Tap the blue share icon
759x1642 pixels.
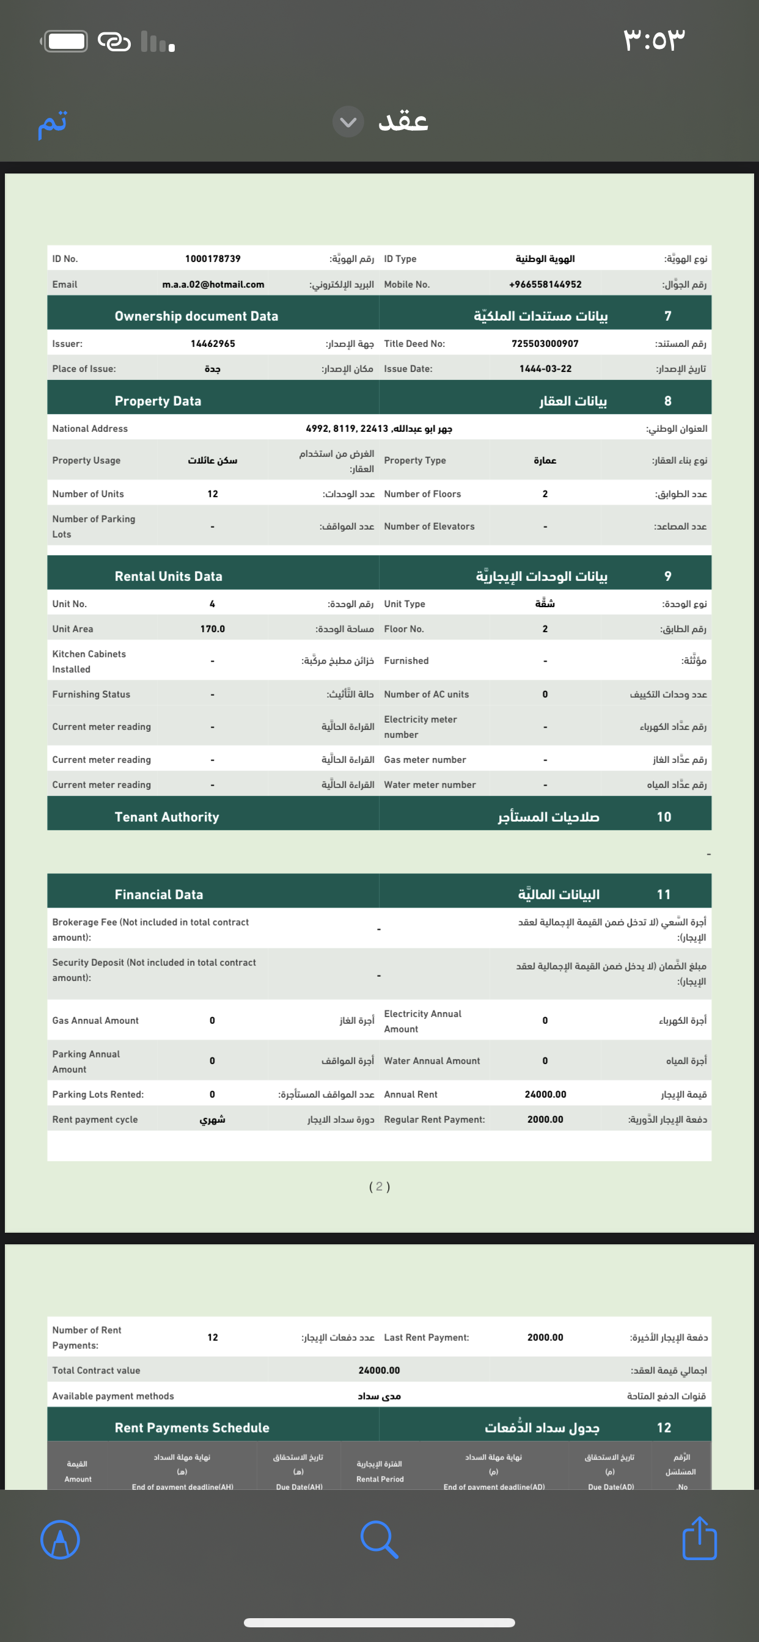[700, 1539]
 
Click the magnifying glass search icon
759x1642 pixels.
[380, 1539]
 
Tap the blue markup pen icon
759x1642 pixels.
[60, 1539]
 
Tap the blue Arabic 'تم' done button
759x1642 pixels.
[53, 122]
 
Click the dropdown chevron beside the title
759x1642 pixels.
[348, 121]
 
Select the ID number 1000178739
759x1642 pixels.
[213, 259]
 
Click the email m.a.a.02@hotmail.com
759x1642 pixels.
[213, 284]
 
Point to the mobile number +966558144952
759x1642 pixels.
[545, 284]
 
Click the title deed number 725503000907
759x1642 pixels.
[545, 343]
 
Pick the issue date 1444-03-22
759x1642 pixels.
[545, 368]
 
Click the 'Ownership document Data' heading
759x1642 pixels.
[196, 316]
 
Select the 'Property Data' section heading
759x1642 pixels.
[158, 401]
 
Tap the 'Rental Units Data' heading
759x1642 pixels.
[169, 576]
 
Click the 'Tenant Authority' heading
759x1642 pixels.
[167, 817]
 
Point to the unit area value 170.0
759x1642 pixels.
[213, 629]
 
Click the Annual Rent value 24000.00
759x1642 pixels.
[545, 1095]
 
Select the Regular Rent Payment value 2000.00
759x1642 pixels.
[545, 1119]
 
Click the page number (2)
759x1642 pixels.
[380, 1186]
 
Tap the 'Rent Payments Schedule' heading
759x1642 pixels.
[192, 1428]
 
